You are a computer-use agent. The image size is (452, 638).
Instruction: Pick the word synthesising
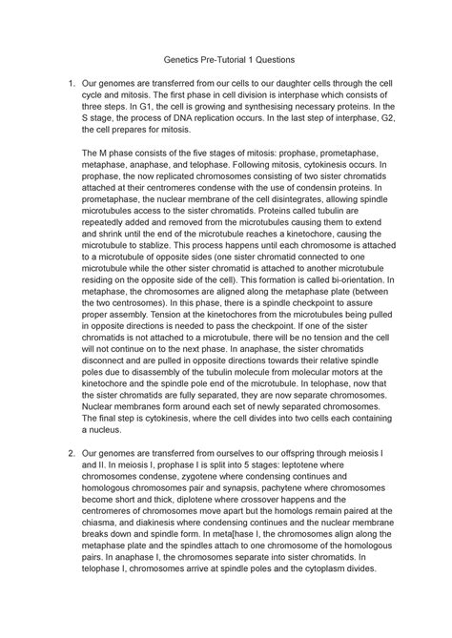point(296,115)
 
